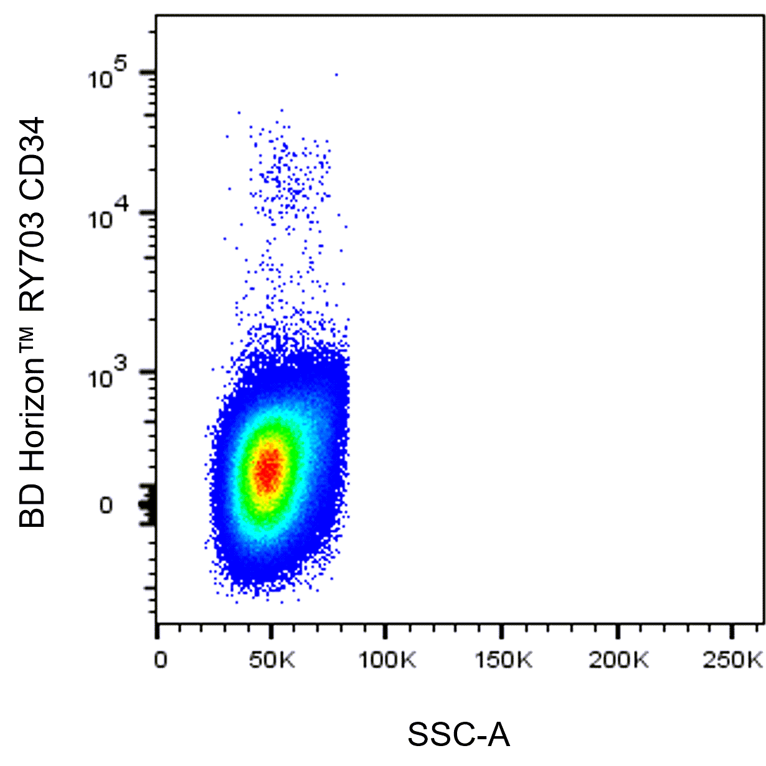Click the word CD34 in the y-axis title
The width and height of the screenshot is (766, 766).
pos(32,155)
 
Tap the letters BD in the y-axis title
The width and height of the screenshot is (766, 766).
pos(32,506)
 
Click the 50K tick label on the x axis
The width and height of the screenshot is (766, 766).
pos(272,660)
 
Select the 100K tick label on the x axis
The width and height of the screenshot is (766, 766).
pos(387,660)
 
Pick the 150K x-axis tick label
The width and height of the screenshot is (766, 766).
pos(504,660)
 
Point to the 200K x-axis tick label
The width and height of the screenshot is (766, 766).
pos(619,660)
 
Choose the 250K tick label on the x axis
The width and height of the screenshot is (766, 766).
pos(733,660)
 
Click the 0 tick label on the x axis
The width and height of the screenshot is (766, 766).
pos(161,660)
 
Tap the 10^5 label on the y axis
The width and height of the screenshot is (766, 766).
pos(107,74)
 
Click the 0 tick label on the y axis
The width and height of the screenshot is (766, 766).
pos(106,506)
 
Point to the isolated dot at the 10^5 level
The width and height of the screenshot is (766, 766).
pos(336,74)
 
